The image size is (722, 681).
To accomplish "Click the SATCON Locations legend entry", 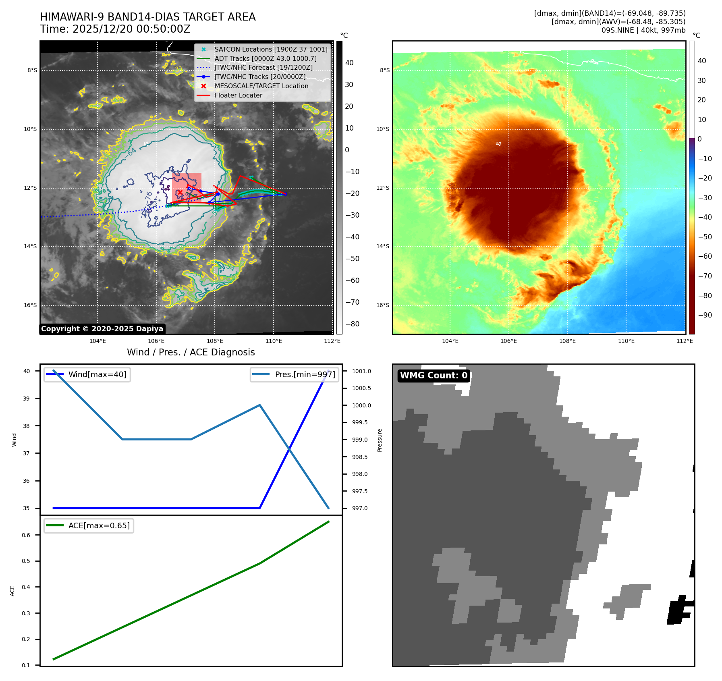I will click(x=271, y=49).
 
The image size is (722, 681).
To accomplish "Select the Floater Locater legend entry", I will click(x=238, y=95).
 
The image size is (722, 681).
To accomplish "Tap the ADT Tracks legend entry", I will click(x=265, y=58).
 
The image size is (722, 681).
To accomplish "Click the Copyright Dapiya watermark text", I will click(x=102, y=329).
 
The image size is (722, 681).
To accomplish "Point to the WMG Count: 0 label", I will click(x=434, y=376).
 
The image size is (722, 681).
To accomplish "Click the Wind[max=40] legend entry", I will click(x=97, y=374).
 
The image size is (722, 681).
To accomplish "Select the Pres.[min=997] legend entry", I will click(x=305, y=374).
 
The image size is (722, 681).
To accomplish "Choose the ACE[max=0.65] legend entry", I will click(x=99, y=525).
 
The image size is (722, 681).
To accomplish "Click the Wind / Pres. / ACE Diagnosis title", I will click(x=191, y=352).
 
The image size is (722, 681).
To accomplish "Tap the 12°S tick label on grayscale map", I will click(x=30, y=188).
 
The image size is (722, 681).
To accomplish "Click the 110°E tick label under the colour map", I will click(x=626, y=341).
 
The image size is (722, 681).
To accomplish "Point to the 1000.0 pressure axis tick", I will click(x=361, y=405).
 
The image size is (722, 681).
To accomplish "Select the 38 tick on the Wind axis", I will click(x=26, y=426).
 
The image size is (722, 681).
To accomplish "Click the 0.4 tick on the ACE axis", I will click(x=26, y=587).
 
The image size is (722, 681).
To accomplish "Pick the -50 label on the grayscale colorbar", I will click(x=352, y=259).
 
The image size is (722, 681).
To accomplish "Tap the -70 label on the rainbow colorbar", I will click(x=705, y=276).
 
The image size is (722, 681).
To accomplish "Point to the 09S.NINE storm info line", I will click(x=643, y=30).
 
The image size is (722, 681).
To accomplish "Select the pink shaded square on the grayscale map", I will click(x=187, y=187).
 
